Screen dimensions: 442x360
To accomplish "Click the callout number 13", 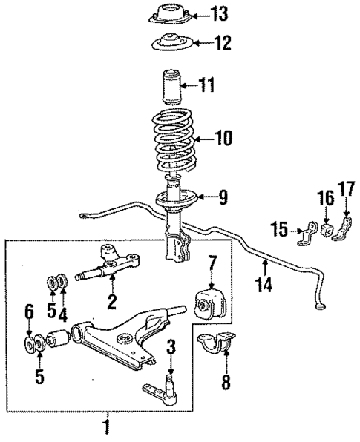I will (x=220, y=13).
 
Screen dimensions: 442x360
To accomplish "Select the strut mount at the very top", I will (x=174, y=13).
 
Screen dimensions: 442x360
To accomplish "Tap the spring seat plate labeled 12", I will (x=174, y=44).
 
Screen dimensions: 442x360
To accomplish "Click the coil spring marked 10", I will (x=174, y=137).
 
